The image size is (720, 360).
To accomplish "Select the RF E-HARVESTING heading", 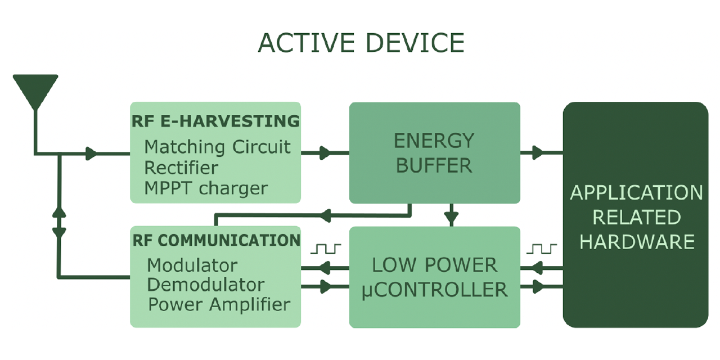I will coord(215,121).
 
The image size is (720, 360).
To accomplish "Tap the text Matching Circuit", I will coord(217,147).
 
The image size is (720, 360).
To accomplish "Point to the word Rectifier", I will coord(181,168).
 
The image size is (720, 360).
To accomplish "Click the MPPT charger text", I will coord(206,188).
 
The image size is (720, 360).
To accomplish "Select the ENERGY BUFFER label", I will coord(434,152).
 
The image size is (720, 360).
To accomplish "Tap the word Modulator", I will coord(192,265).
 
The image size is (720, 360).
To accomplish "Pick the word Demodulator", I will coord(205,285).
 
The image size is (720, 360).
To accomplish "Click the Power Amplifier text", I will coord(219,305).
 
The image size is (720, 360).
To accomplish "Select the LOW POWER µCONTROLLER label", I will coord(434,277).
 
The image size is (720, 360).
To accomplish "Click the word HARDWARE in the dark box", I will coord(637,242).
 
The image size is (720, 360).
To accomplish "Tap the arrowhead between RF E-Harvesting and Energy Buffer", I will coord(325,152).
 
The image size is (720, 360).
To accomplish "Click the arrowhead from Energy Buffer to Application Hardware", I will coord(537,152).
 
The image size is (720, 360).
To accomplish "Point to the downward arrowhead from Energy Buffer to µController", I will coord(451,216).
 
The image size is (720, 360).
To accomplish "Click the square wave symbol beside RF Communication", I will coord(327,248).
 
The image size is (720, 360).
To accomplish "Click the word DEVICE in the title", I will coord(415,43).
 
